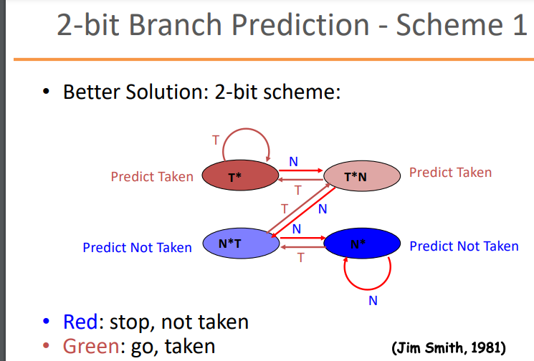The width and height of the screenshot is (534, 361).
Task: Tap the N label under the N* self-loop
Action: tap(373, 300)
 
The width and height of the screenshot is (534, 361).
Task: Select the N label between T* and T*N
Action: tap(293, 161)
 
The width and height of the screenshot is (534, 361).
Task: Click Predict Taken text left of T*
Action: tap(152, 176)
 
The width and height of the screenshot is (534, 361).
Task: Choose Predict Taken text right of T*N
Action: tap(450, 172)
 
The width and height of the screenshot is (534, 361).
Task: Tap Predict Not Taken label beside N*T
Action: tap(137, 248)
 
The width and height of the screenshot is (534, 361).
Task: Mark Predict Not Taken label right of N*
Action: tap(464, 246)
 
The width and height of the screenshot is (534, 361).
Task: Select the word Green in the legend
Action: tap(89, 346)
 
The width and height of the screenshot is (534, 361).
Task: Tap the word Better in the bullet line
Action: tap(93, 92)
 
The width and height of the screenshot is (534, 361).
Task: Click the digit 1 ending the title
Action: tap(517, 27)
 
